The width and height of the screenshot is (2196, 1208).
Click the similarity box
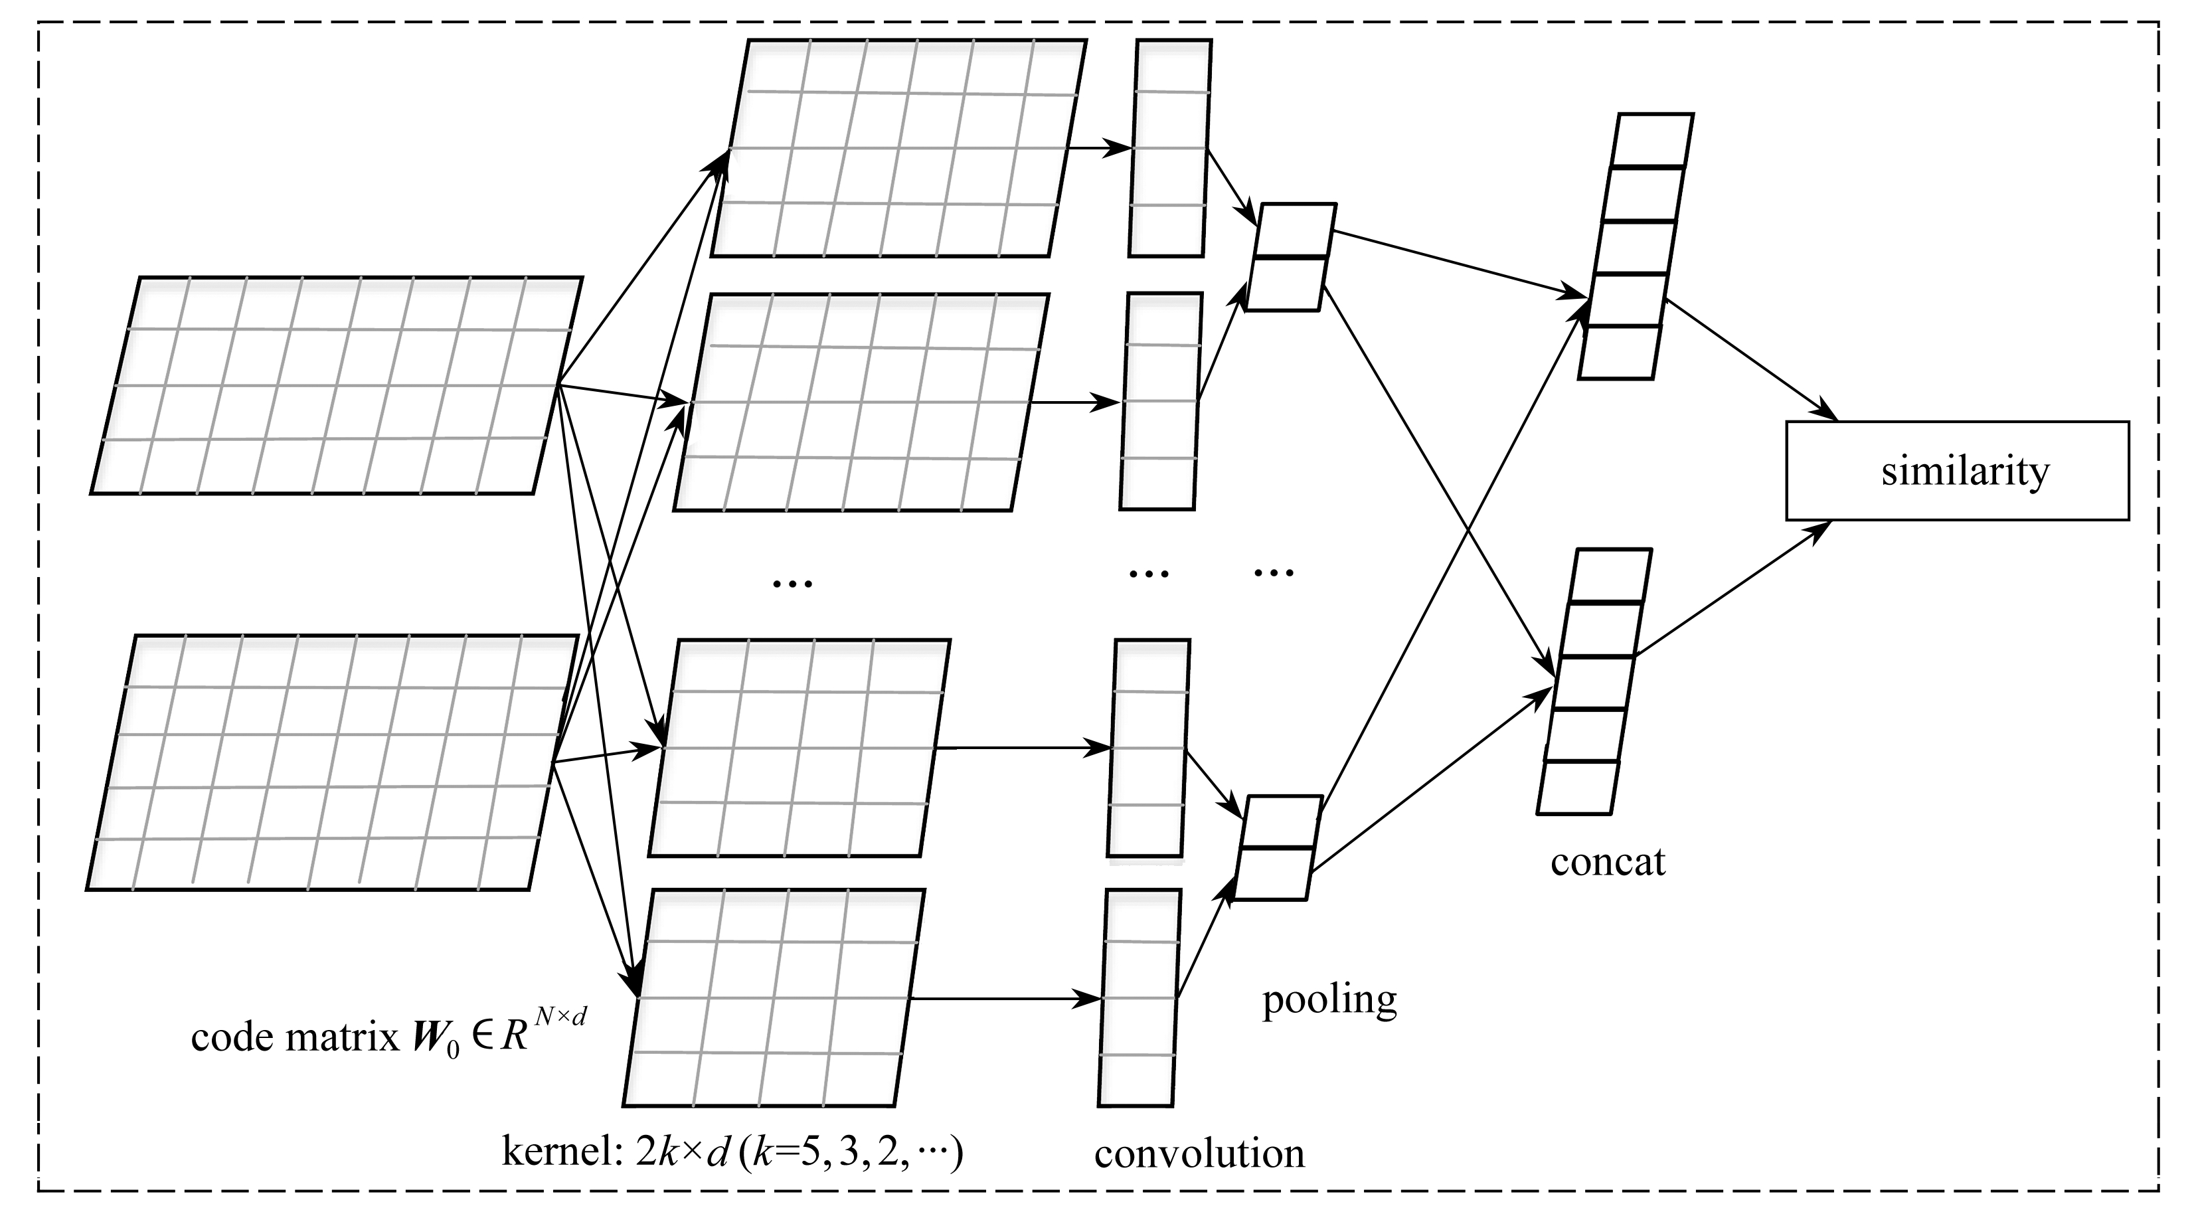click(1958, 471)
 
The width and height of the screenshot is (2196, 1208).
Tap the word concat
click(1607, 862)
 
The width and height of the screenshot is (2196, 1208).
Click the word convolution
click(1199, 1154)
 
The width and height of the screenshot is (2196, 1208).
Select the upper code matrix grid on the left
click(337, 385)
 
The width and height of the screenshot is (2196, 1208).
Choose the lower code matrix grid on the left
click(333, 762)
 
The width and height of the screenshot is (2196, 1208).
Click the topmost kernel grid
click(898, 147)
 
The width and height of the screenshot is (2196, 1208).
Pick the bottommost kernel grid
click(774, 997)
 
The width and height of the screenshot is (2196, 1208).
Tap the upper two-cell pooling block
click(1292, 256)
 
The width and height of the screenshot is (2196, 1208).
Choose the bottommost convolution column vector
click(1139, 997)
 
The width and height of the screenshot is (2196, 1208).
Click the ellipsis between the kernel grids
click(792, 583)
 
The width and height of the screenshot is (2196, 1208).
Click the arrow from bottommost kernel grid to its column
click(1006, 998)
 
